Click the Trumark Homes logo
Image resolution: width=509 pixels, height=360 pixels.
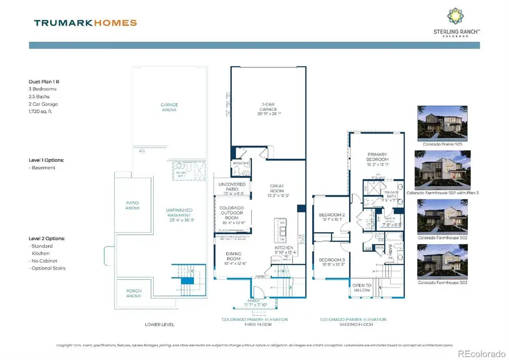[85, 23]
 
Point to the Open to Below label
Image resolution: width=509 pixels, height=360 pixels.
[362, 288]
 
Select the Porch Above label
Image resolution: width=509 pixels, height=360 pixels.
[134, 294]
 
